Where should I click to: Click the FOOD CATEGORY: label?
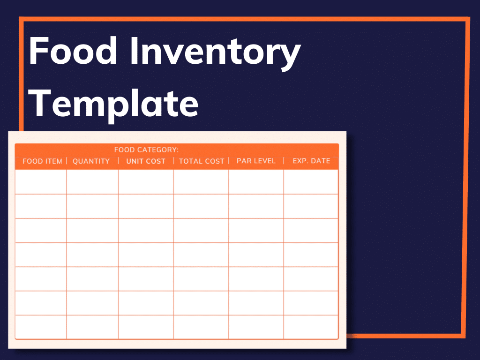pos(146,150)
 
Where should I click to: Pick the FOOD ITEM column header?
pos(42,161)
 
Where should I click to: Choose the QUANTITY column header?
pos(91,161)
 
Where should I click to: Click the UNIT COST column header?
pos(146,161)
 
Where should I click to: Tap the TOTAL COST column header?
pos(202,161)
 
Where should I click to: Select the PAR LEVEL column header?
pos(255,161)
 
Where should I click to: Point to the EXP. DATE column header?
pos(311,161)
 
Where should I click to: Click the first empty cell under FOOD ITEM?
pos(41,182)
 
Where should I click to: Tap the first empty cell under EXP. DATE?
pos(311,182)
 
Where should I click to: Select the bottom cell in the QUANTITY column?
pos(92,327)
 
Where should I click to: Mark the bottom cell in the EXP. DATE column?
pos(311,327)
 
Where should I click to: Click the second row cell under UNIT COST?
pos(146,206)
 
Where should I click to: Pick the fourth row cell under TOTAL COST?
pos(201,255)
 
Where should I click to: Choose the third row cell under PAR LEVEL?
pos(256,231)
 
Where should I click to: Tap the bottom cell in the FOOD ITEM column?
pos(41,327)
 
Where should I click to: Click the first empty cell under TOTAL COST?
pos(201,182)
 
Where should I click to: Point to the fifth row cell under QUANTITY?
pos(92,279)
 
